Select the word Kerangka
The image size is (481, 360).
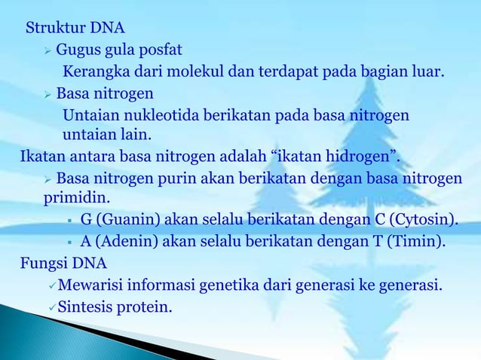pyautogui.click(x=93, y=73)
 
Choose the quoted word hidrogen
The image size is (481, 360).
pyautogui.click(x=359, y=157)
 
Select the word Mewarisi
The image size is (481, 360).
pyautogui.click(x=90, y=285)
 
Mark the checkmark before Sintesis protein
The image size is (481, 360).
pyautogui.click(x=51, y=307)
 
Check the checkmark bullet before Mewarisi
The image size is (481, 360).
pyautogui.click(x=51, y=285)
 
